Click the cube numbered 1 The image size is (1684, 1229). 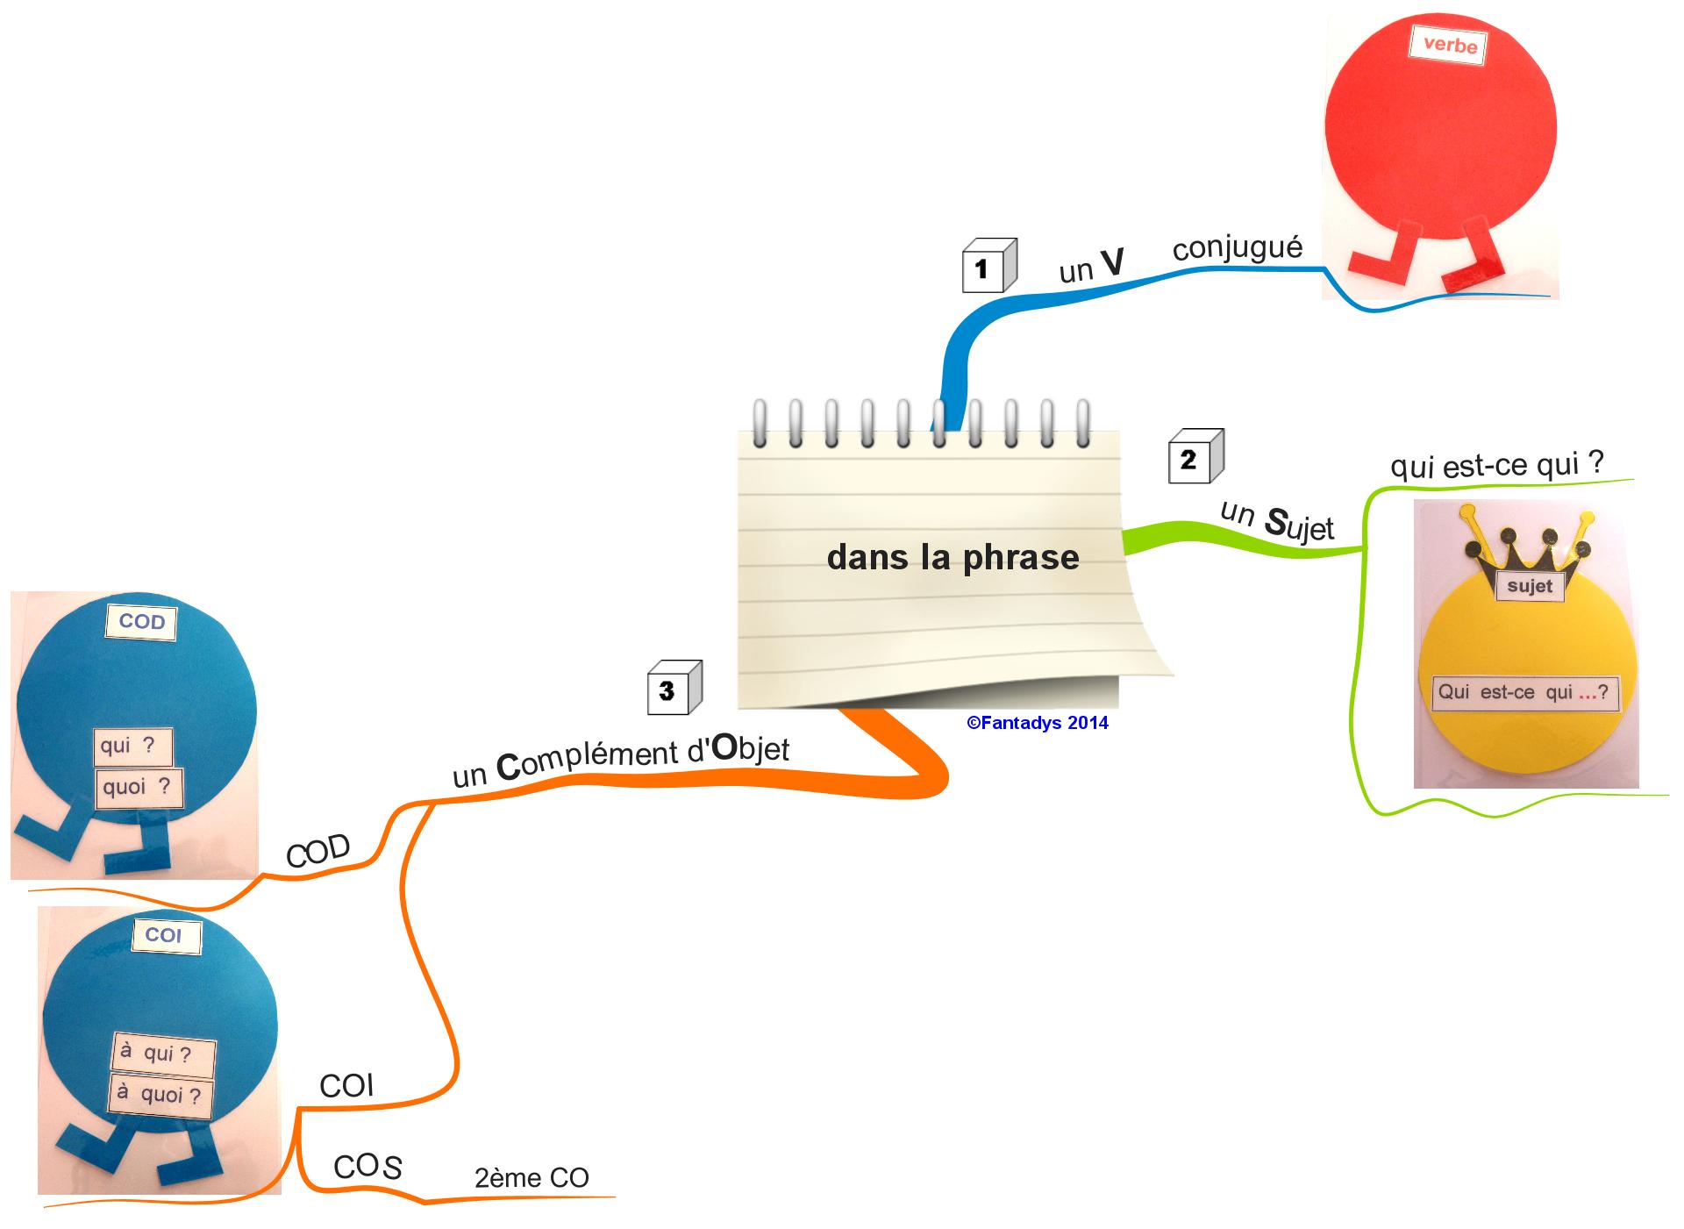pos(988,265)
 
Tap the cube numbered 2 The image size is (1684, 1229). pos(1195,456)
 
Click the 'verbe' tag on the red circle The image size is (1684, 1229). pos(1449,45)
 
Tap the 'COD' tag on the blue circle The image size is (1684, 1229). pos(141,622)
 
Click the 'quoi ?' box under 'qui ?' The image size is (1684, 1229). pos(137,787)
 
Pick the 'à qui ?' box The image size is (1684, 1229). pos(162,1053)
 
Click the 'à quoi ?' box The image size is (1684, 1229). pos(161,1095)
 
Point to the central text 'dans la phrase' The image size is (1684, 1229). pos(953,557)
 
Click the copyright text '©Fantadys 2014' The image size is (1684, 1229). pos(1037,723)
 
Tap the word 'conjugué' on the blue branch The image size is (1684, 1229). pos(1237,248)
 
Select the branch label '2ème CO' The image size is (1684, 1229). pos(532,1177)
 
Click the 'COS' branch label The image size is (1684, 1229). pos(367,1167)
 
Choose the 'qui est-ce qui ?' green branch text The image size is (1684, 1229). pos(1496,463)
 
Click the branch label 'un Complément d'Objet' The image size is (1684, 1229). pos(620,758)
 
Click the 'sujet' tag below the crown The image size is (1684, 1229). pos(1530,586)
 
